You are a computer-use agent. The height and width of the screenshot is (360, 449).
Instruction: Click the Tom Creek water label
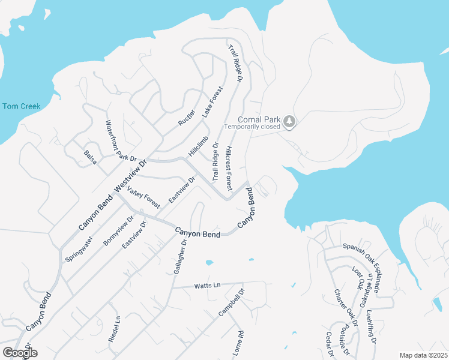(22, 106)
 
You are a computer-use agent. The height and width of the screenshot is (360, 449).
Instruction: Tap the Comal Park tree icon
(290, 121)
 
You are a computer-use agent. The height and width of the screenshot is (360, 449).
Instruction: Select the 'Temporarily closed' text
(252, 127)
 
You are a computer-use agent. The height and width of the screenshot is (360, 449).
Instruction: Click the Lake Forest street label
(212, 101)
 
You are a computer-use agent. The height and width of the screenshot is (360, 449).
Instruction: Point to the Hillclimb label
(198, 146)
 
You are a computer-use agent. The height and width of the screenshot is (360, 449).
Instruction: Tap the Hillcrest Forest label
(229, 164)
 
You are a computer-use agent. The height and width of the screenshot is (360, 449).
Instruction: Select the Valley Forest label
(144, 197)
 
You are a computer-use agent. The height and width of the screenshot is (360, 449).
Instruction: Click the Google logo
(20, 353)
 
